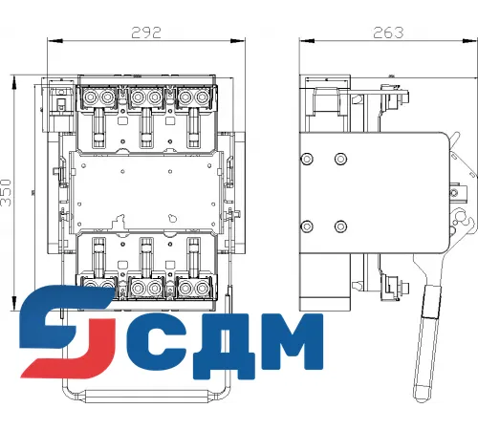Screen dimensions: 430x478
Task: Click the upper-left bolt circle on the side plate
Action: [x=306, y=159]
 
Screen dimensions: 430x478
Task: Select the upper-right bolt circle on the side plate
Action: [x=341, y=159]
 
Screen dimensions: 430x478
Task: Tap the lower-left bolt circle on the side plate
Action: [x=306, y=226]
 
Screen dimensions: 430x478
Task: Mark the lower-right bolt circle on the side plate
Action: [x=341, y=226]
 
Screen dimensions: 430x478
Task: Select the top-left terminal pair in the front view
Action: [x=100, y=98]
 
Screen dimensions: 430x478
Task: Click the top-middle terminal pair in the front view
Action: [x=145, y=98]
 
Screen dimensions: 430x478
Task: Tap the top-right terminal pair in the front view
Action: [x=190, y=98]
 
